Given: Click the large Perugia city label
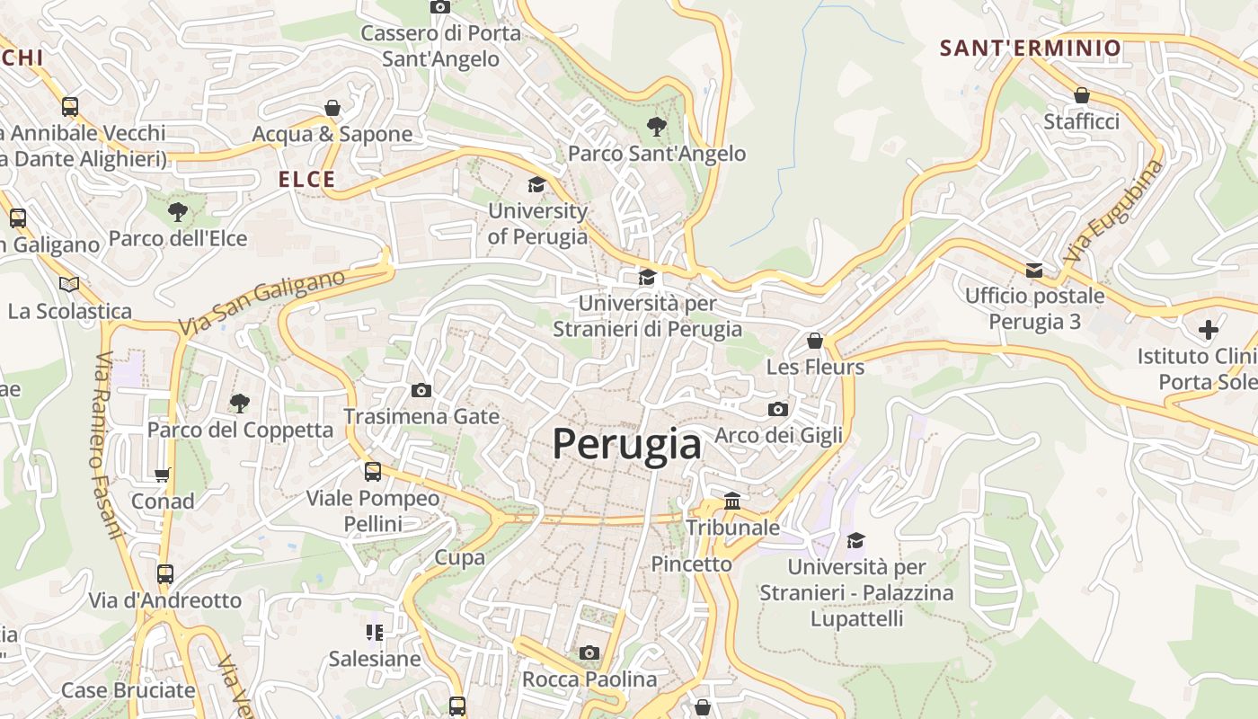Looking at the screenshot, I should [626, 444].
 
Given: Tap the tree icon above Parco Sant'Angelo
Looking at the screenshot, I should [657, 127].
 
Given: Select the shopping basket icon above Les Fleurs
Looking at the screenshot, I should [815, 341].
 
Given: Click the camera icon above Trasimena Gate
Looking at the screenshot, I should [421, 390].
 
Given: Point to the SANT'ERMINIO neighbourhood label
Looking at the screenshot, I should [1031, 49].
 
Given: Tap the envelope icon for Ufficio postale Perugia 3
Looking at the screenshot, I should [1034, 271].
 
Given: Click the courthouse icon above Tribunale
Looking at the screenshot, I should [732, 501].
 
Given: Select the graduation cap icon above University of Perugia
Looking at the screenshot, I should [536, 185].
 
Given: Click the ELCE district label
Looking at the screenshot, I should [306, 180].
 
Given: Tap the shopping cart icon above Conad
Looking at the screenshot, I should [163, 475].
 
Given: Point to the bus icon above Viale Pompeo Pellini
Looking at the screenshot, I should [372, 471].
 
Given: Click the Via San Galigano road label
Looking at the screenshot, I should [261, 303].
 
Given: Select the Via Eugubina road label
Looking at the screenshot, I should [1112, 211].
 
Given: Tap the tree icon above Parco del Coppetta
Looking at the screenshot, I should [239, 403].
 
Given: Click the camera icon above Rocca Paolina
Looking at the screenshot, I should [589, 652].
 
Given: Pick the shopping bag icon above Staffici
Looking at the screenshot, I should [1082, 95].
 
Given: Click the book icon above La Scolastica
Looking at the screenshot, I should [69, 285].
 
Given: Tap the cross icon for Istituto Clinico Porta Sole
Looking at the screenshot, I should [1209, 329].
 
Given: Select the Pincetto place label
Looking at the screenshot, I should [692, 564].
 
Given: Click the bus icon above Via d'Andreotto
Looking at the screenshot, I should [165, 573].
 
